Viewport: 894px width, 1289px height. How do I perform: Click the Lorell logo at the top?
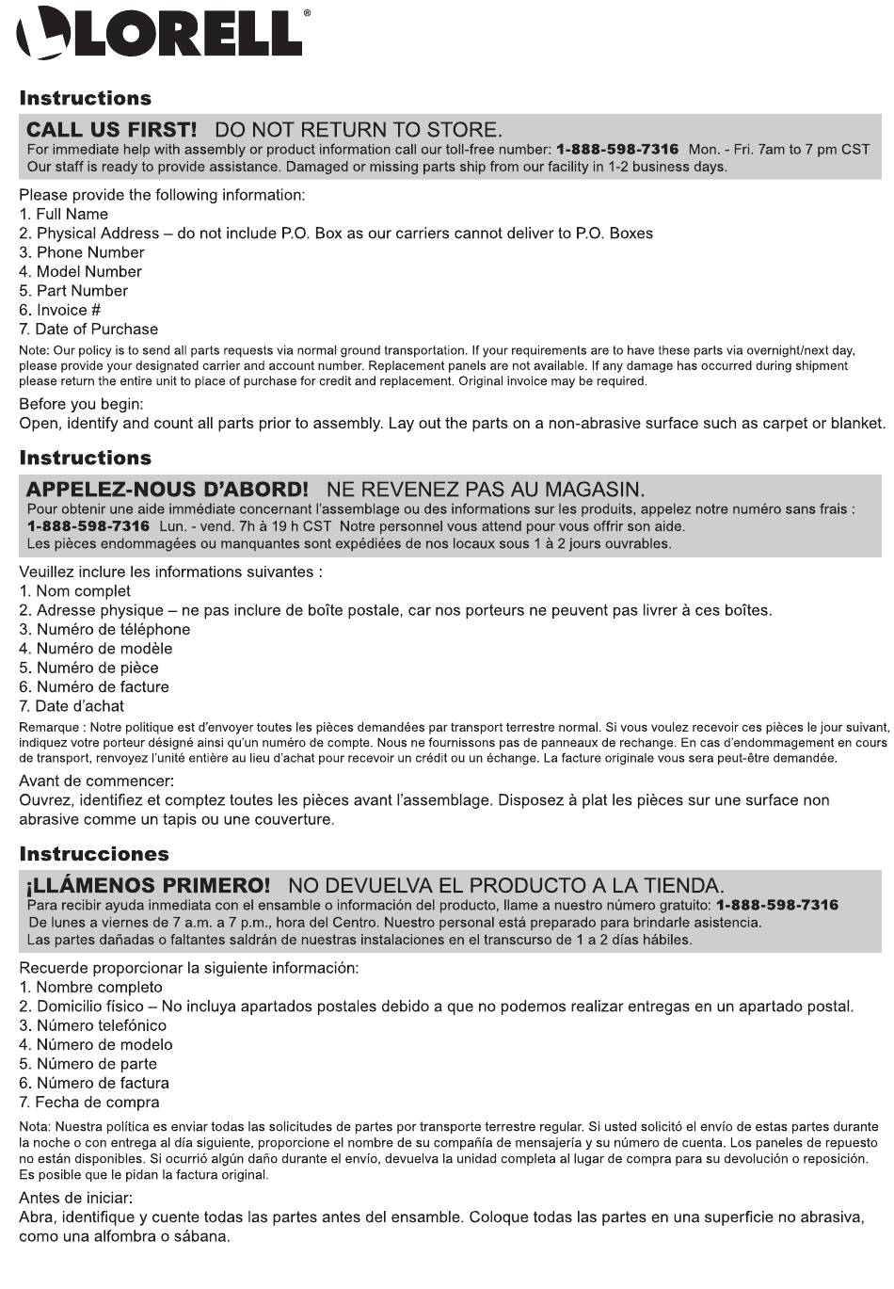point(160,35)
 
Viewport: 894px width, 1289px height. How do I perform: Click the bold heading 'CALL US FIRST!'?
point(111,130)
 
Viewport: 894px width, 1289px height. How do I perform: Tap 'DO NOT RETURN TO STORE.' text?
point(359,130)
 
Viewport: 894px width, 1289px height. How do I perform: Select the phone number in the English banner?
point(616,150)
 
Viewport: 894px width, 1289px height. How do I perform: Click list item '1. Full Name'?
point(64,214)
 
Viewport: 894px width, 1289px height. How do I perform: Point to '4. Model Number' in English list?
point(81,271)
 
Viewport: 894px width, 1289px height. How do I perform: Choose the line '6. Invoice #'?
point(60,310)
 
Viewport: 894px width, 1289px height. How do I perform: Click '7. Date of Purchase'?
point(89,329)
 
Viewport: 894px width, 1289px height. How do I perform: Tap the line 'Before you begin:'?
point(82,404)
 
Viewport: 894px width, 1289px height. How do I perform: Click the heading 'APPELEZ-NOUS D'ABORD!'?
point(167,490)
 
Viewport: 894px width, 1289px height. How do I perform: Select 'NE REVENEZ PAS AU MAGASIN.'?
point(486,490)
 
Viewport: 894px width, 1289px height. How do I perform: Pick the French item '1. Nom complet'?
point(75,590)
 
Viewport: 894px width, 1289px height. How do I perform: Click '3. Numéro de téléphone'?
point(104,629)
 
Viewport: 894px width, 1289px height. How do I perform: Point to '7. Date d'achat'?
point(72,705)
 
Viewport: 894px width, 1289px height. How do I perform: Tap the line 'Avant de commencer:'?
point(96,781)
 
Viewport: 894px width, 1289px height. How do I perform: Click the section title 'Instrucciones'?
point(94,854)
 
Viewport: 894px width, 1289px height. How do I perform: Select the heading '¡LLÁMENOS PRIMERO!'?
point(148,885)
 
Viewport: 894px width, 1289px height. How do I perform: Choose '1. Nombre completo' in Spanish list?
point(91,987)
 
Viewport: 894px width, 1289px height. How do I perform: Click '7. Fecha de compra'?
point(89,1102)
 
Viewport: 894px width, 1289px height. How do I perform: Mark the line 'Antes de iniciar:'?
point(76,1198)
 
